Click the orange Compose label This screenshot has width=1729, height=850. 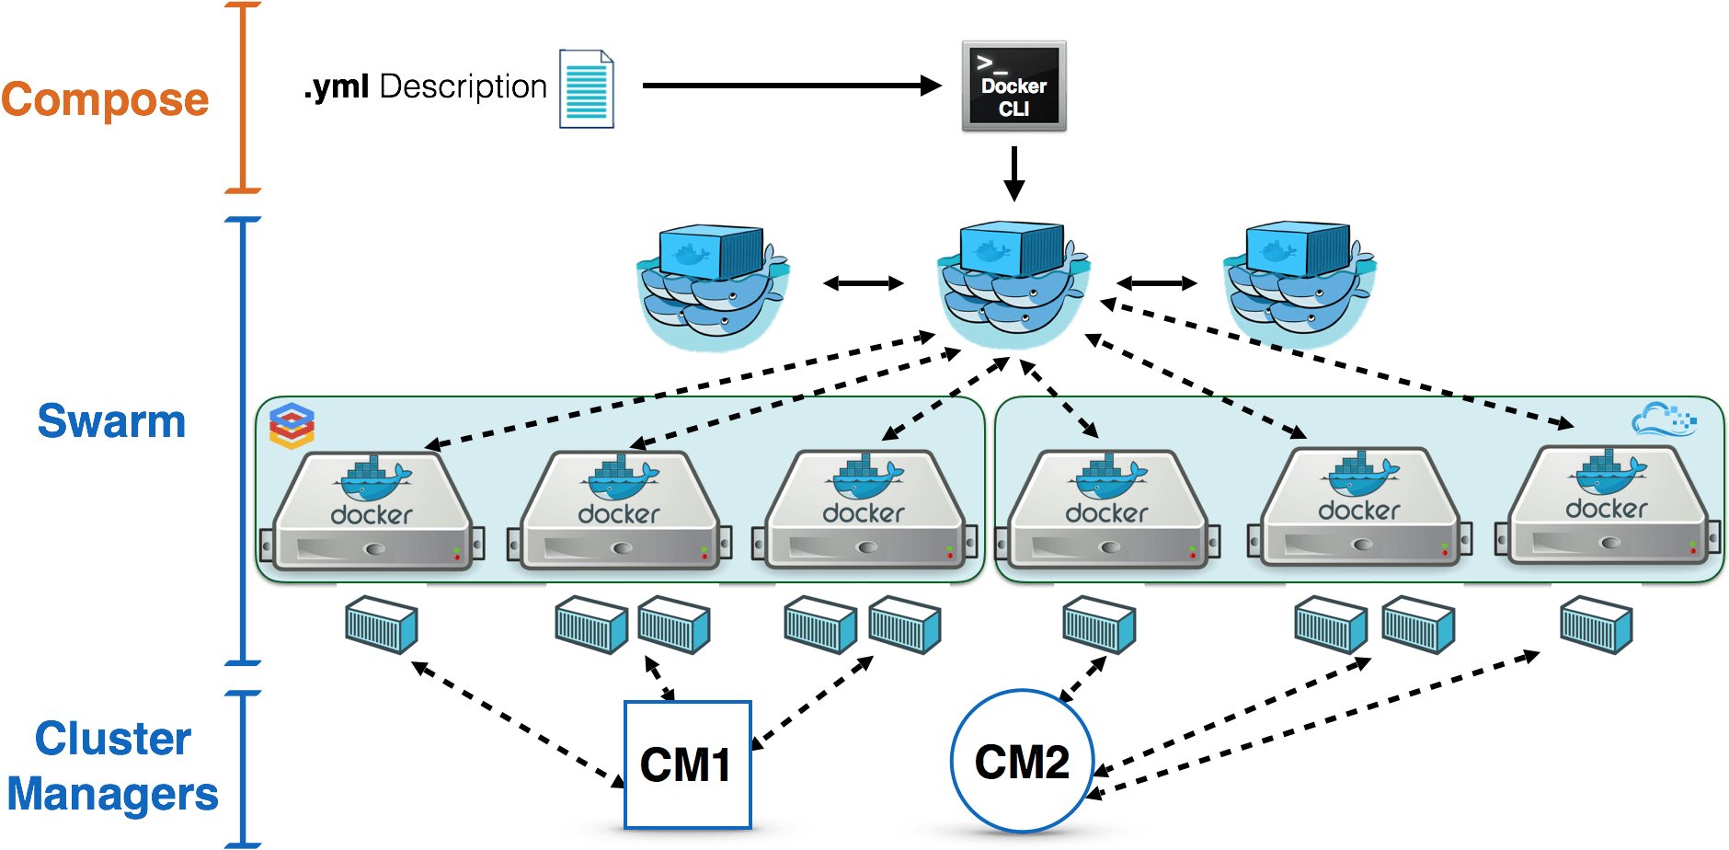(105, 99)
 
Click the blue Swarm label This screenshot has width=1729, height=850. (111, 421)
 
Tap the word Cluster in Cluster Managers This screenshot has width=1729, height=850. (112, 739)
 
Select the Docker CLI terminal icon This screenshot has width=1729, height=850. (1013, 86)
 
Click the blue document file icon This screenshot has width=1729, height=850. (587, 88)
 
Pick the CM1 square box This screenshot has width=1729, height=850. (687, 764)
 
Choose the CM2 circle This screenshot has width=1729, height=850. (1022, 762)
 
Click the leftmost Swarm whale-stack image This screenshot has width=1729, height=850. (713, 283)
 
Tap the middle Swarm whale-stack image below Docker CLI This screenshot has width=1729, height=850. (1013, 281)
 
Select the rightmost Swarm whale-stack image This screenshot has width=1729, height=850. (1300, 281)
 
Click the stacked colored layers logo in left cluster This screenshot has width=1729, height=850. (292, 426)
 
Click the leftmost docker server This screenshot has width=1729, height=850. (372, 511)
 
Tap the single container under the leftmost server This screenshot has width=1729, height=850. (381, 624)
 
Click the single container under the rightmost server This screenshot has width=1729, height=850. (1596, 623)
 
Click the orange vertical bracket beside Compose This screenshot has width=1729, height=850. (244, 97)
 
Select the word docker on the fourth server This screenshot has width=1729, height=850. (1106, 513)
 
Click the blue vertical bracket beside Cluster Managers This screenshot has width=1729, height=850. (244, 768)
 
